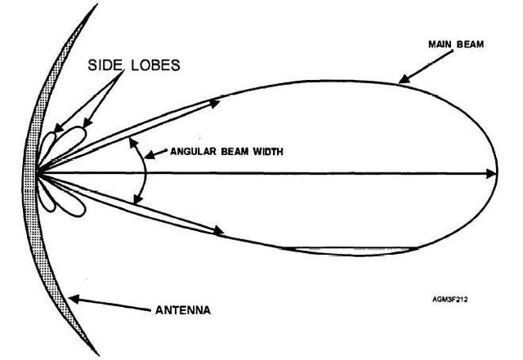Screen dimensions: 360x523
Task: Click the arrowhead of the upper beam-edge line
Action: [x=218, y=101]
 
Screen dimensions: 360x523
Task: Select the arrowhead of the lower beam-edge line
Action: [x=219, y=231]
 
